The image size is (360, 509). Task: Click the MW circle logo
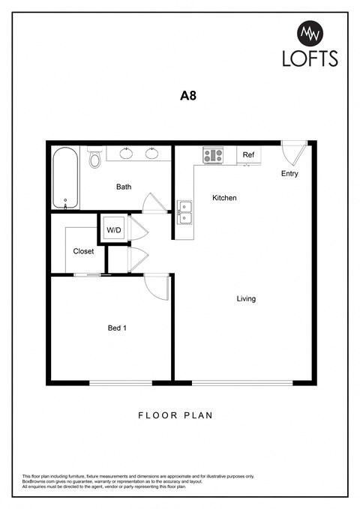point(310,33)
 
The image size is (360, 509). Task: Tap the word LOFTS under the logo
point(310,58)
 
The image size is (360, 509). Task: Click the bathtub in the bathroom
point(65,178)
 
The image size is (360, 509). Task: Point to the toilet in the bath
point(94,159)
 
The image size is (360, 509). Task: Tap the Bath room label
point(124,187)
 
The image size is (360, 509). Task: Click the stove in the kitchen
point(213,155)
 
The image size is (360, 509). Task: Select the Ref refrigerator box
point(248,155)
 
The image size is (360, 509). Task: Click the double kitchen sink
point(184,212)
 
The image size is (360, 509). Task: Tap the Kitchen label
point(224,198)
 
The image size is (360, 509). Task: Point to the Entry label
point(289,174)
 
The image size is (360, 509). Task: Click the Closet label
point(83,251)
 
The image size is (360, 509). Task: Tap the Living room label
point(246,298)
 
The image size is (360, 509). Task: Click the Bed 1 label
point(116,328)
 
